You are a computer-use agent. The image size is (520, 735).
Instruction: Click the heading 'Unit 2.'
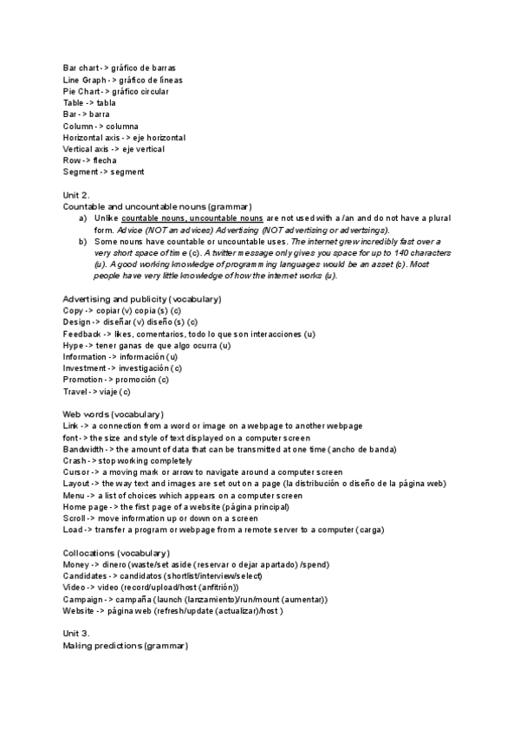click(x=76, y=195)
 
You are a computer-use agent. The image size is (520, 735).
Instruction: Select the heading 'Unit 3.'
click(x=76, y=634)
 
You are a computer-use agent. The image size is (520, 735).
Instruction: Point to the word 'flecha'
click(x=104, y=160)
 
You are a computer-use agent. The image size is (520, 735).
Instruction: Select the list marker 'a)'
click(x=82, y=218)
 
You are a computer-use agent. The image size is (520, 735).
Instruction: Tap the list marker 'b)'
click(x=82, y=241)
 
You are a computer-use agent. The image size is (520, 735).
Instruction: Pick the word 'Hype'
click(x=74, y=345)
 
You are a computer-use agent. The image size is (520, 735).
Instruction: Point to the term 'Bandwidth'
click(x=83, y=449)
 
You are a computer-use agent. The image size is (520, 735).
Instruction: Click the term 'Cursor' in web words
click(x=76, y=472)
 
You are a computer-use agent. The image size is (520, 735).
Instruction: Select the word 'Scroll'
click(x=75, y=517)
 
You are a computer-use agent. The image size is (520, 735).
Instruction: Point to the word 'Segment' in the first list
click(x=81, y=172)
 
